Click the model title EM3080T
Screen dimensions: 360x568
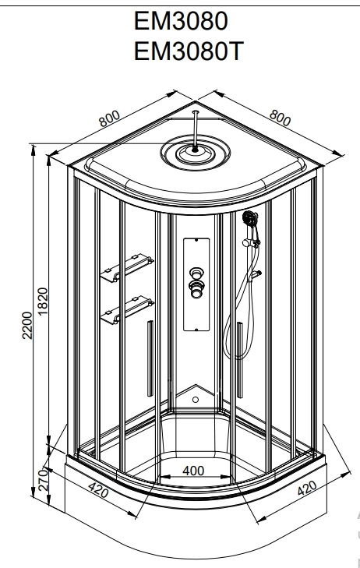coord(188,51)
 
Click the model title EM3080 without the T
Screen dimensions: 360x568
coord(181,21)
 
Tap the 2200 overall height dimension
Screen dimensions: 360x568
coord(27,325)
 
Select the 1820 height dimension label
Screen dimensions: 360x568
coord(43,302)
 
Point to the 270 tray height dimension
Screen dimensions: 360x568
coord(44,480)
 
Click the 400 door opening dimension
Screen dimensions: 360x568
coord(193,471)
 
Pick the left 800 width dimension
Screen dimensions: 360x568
coord(109,118)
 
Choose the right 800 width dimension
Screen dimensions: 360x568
coord(280,118)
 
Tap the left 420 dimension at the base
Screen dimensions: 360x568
coord(98,491)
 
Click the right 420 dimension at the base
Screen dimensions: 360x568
coord(307,488)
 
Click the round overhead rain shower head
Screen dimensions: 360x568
coord(196,152)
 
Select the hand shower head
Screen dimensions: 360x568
coord(251,218)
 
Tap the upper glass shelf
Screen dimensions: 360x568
coord(127,268)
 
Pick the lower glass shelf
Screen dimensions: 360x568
coord(127,310)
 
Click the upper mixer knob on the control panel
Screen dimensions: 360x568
coord(196,273)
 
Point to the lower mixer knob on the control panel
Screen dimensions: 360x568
coord(196,289)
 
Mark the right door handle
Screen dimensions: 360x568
coord(240,360)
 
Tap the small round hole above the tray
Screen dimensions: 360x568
coord(196,400)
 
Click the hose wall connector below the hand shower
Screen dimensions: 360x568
coord(255,275)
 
